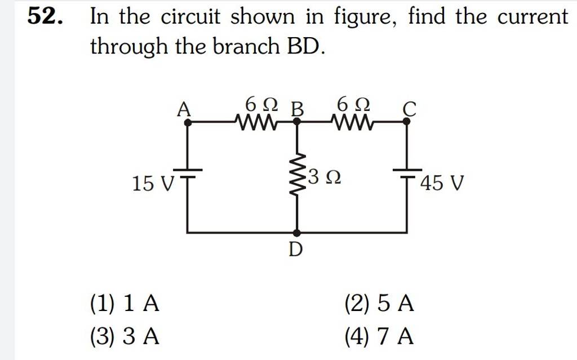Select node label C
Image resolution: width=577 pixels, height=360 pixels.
tap(409, 108)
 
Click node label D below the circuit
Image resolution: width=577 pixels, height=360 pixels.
tap(296, 250)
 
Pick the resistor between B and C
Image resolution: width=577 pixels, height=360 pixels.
tap(353, 121)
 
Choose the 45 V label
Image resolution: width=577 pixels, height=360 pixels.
tap(442, 183)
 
